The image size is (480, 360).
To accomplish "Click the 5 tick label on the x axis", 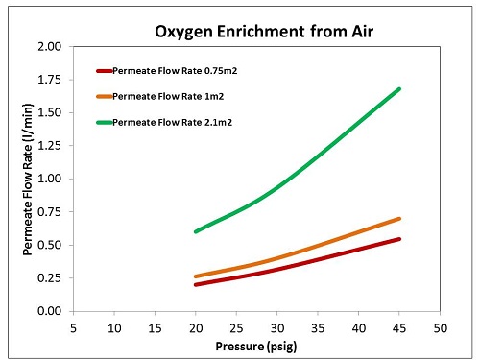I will (74, 327).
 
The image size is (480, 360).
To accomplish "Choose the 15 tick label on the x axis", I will (156, 327).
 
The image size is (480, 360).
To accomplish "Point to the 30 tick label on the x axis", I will (277, 327).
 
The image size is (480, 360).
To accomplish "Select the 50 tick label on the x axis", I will (441, 327).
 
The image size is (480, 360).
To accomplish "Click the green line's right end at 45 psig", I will (399, 89).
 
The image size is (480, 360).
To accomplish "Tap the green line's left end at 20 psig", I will (196, 231).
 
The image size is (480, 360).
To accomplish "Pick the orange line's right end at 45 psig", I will (399, 219).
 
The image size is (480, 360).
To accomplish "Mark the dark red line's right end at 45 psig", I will (399, 239).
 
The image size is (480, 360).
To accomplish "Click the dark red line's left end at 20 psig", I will (196, 284).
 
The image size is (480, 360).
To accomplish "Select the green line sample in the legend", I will (105, 122).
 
